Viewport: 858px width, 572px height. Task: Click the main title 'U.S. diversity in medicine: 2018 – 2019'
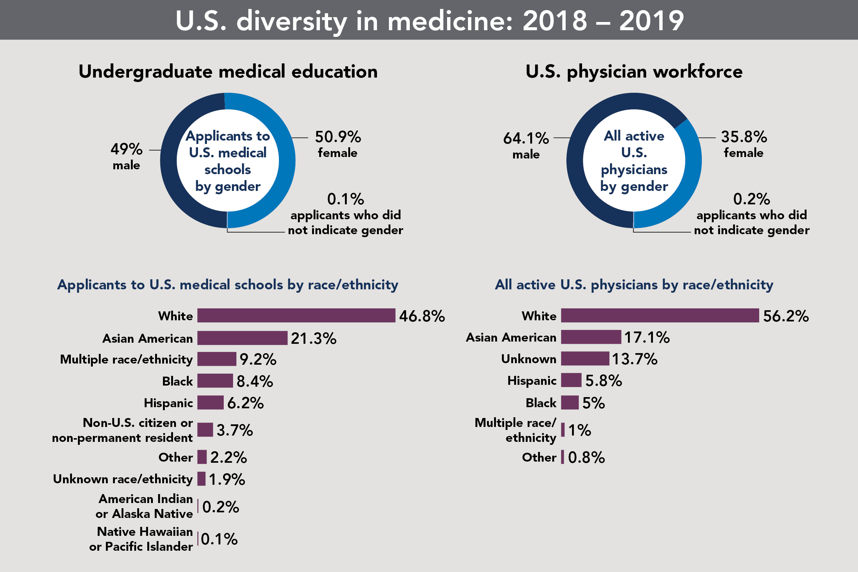point(429,21)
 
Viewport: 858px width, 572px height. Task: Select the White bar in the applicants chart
point(296,315)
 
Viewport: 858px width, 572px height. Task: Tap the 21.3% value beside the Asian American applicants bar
point(313,339)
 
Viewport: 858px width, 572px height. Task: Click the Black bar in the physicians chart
point(569,403)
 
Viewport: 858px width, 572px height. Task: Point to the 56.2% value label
point(786,316)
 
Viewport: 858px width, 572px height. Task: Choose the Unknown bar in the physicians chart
point(585,359)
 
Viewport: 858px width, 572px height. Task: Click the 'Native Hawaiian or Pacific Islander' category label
point(141,539)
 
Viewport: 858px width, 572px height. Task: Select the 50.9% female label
point(338,144)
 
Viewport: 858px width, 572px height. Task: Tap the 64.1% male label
point(526,145)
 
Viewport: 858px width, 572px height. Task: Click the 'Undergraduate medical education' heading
point(228,72)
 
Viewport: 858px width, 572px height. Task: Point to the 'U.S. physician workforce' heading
point(634,72)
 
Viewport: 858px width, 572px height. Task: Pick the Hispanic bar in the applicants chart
point(210,403)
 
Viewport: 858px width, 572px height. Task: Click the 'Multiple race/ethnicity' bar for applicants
point(217,359)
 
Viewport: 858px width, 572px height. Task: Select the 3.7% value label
point(235,430)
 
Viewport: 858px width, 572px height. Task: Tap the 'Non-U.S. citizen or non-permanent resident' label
point(123,430)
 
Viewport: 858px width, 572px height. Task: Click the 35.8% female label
point(744,144)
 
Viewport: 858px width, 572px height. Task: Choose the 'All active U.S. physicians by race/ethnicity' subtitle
point(634,285)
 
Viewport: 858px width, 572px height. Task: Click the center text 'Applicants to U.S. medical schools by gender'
point(228,161)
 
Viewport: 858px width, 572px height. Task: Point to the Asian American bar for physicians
point(591,337)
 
